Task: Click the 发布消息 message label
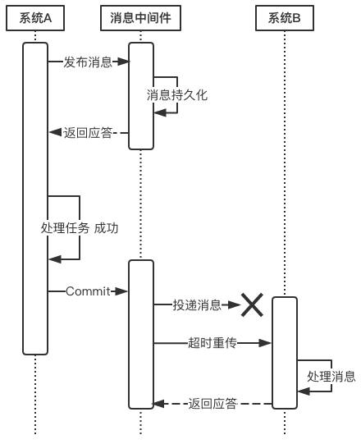[x=88, y=62]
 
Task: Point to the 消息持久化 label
[x=177, y=95]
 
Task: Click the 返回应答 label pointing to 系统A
[x=88, y=132]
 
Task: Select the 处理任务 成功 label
[x=80, y=228]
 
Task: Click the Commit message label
[x=88, y=291]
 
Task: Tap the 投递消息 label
[x=197, y=305]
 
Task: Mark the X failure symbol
[x=251, y=305]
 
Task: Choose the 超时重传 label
[x=212, y=343]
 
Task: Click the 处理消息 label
[x=331, y=377]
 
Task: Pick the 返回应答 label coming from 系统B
[x=212, y=404]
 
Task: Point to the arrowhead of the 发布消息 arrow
[x=124, y=62]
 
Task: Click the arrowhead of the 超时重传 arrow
[x=267, y=343]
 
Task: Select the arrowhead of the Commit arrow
[x=123, y=291]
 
